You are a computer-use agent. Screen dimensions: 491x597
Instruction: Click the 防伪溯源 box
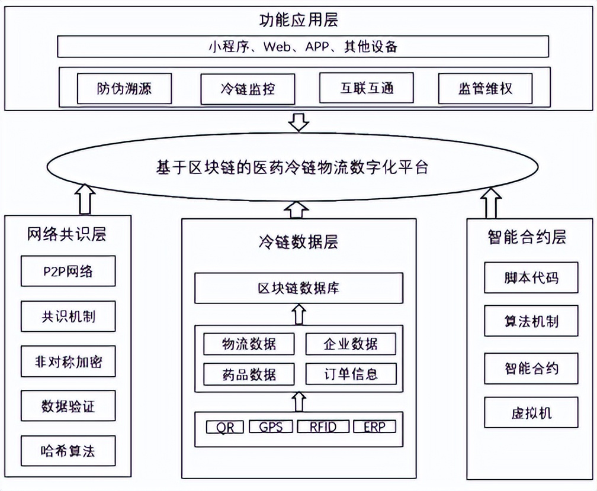click(x=124, y=89)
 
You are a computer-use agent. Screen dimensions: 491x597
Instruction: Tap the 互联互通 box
click(x=366, y=88)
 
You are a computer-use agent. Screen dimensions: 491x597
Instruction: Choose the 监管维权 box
click(x=485, y=89)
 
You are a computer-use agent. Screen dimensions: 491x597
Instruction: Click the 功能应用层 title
click(x=298, y=21)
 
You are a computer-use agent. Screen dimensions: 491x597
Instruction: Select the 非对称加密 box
click(x=68, y=361)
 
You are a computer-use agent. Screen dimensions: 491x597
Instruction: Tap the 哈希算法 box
click(x=68, y=451)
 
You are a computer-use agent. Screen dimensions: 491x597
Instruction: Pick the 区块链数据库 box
click(x=298, y=288)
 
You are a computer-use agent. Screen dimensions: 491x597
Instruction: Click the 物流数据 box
click(x=249, y=344)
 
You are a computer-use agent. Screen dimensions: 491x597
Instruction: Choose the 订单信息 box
click(x=351, y=374)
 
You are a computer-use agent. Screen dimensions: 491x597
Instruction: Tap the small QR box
click(x=224, y=427)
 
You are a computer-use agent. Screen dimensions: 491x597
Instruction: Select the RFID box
click(x=323, y=427)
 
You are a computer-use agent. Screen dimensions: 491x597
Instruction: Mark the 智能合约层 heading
click(x=527, y=237)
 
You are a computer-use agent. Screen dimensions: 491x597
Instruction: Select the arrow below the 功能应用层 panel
click(x=298, y=122)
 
